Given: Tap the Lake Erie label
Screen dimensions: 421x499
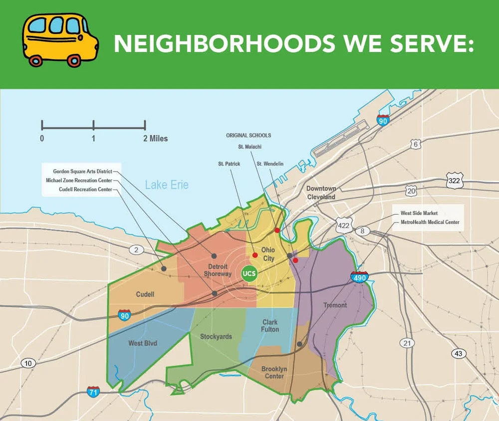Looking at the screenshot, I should click(167, 185).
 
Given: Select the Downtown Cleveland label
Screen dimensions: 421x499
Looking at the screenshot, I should click(321, 193).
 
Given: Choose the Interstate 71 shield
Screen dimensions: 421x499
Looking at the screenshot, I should click(93, 391).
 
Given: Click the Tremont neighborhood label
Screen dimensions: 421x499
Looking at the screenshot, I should click(335, 305).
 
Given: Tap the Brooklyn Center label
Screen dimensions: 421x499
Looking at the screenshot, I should click(274, 373).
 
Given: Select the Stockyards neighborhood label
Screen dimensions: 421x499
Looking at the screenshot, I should click(216, 337).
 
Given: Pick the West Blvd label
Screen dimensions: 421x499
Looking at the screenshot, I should click(143, 343).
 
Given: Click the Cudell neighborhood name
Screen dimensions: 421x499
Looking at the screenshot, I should click(145, 294).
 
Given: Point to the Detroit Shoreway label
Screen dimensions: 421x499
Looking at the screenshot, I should click(218, 270).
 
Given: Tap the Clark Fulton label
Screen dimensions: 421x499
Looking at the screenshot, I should click(270, 326).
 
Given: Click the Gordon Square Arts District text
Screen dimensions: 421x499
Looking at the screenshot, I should click(82, 172).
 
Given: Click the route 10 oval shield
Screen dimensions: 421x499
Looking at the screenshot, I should click(28, 363).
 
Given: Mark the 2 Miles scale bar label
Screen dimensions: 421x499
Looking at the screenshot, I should click(156, 138).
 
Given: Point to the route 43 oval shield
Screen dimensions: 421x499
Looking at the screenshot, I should click(459, 354).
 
